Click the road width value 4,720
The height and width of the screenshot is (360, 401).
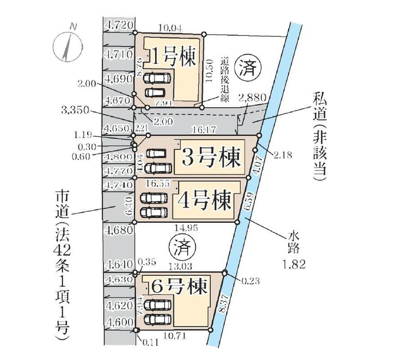click(117, 25)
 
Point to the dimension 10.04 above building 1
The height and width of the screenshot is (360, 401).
click(170, 28)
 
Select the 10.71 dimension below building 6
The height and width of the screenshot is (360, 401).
click(173, 336)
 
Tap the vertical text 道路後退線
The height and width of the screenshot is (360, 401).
click(224, 77)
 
